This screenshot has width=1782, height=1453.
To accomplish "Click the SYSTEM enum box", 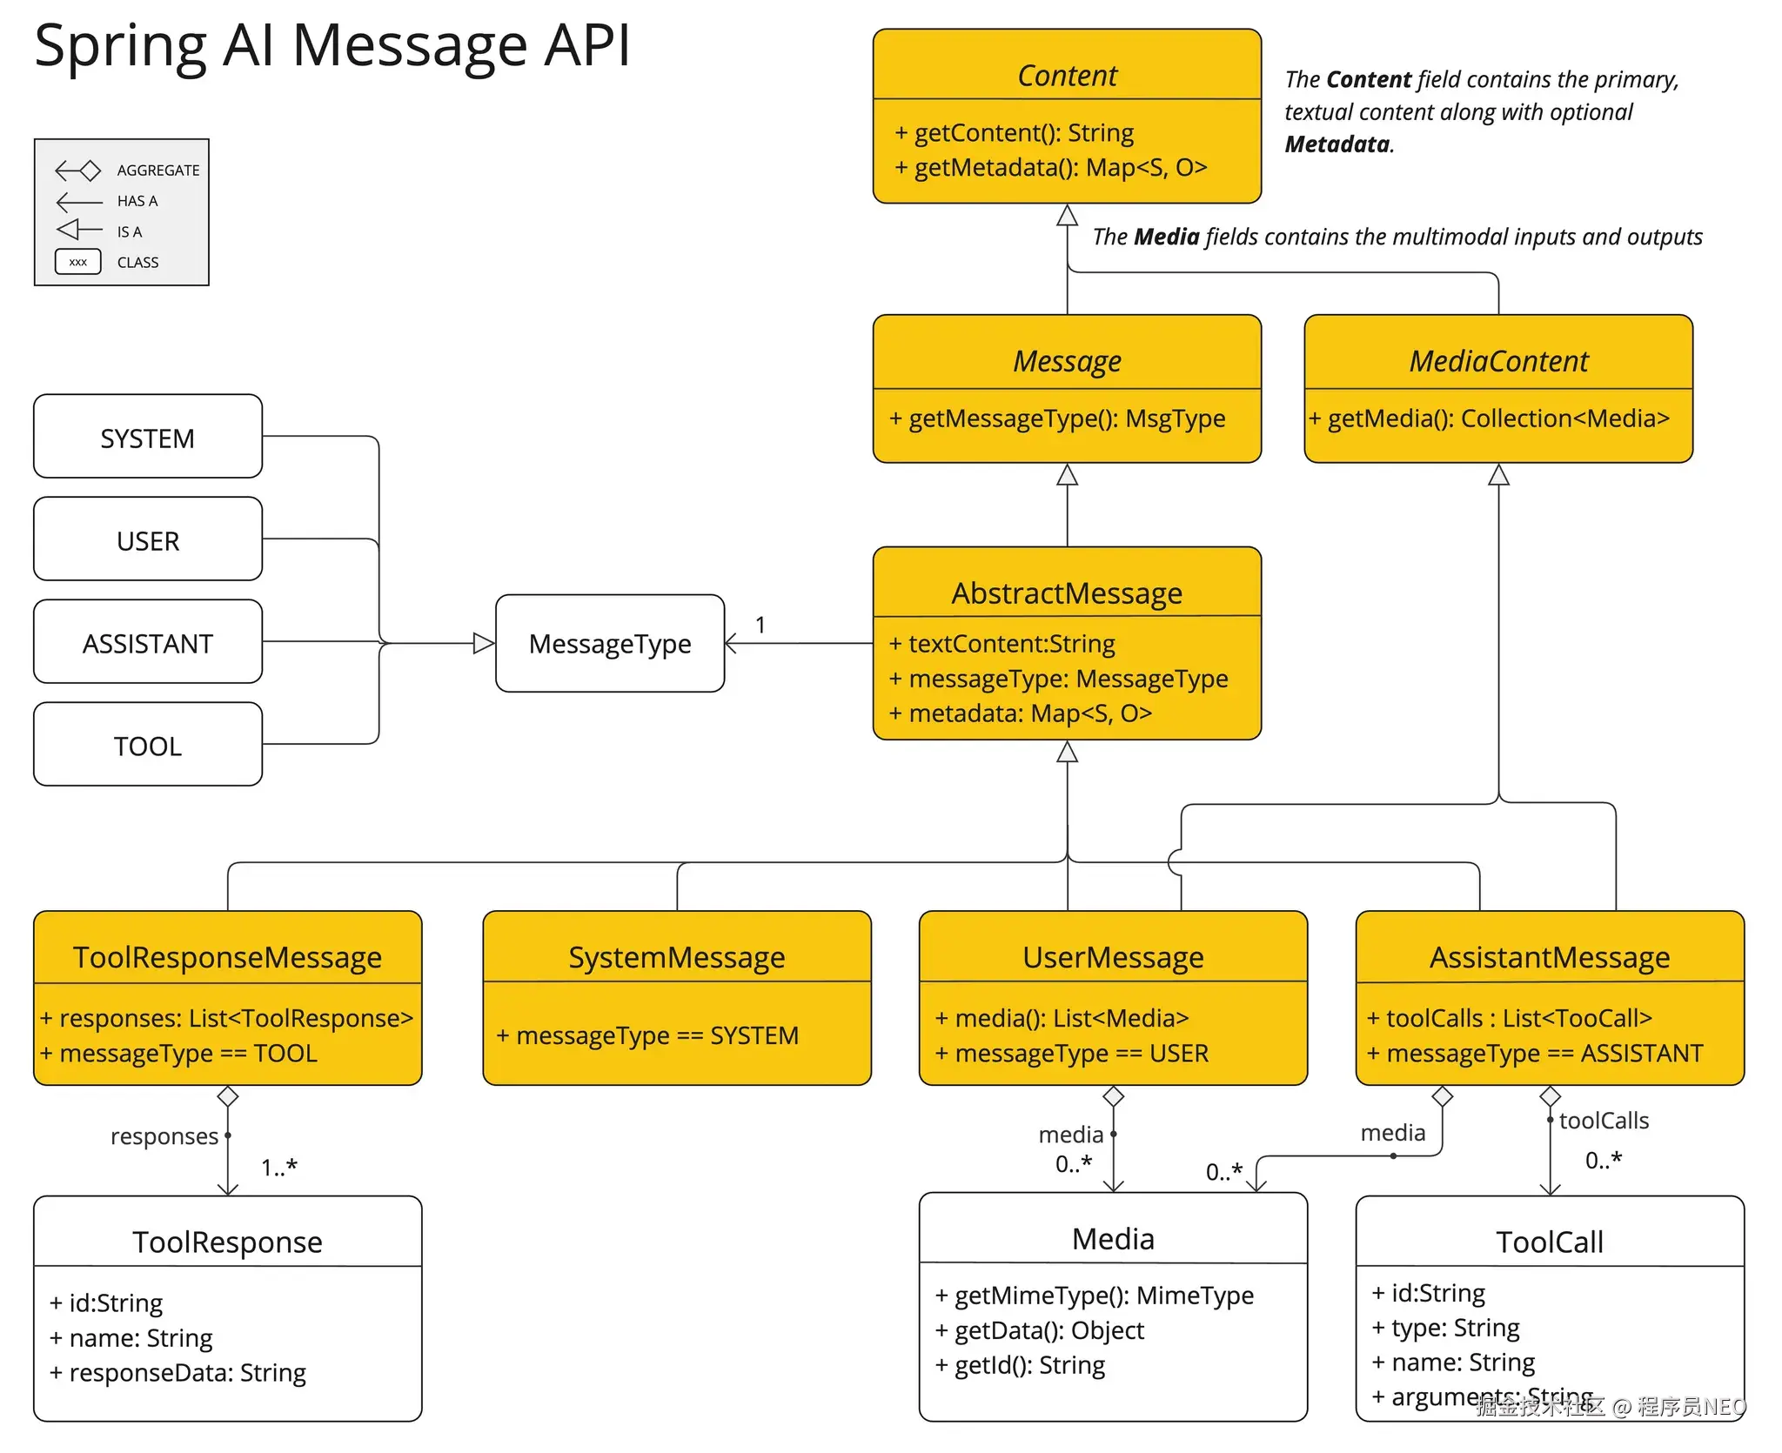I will coord(148,437).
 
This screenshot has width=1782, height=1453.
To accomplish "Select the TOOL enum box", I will coord(148,745).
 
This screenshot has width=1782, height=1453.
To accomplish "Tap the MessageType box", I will coord(609,644).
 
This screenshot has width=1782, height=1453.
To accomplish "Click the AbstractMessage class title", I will coord(1067,593).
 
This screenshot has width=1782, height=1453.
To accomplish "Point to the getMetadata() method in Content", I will coord(1051,167).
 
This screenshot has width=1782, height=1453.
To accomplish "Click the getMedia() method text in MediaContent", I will coord(1490,418).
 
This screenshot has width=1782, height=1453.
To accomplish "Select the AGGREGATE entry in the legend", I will coord(157,171).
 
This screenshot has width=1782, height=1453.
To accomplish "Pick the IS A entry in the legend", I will coord(130,231).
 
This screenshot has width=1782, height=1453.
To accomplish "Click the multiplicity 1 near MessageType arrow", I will coord(760,625).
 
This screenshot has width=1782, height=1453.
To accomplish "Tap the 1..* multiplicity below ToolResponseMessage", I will coord(279,1167).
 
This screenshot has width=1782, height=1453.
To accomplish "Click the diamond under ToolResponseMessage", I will coord(228,1096).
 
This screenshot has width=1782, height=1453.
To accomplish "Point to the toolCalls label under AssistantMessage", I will coord(1604,1121).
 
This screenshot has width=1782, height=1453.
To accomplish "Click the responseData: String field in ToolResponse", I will coord(178,1373).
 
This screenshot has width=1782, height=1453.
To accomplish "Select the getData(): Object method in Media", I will coord(1040,1330).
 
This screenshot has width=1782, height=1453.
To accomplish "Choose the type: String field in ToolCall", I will coord(1446,1328).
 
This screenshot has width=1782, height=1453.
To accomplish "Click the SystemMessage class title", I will coord(676,957).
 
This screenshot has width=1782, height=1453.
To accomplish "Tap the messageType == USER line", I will coord(1072,1054).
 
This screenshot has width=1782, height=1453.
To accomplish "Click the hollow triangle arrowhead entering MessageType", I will coord(484,644).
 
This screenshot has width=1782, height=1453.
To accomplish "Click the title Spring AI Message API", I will coord(332,45).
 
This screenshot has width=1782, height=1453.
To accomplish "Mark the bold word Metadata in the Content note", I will coord(1337,144).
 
